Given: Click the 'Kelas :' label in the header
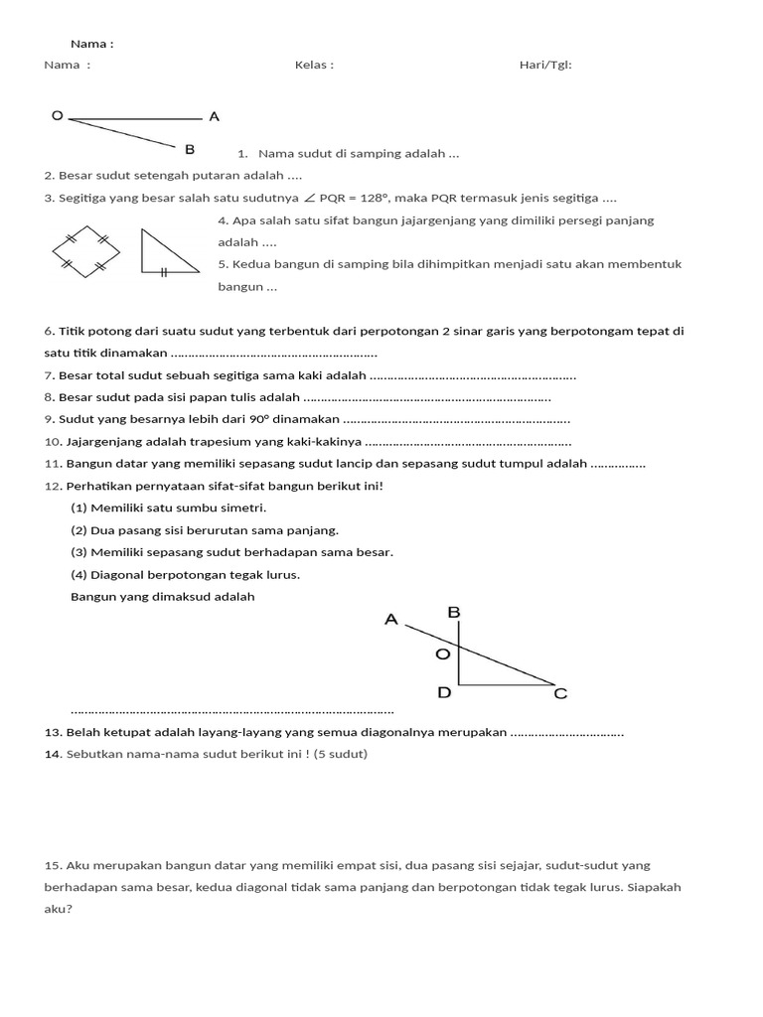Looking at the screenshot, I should (314, 66).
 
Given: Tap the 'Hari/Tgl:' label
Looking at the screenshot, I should (545, 66).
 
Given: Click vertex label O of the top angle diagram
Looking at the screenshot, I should (57, 116).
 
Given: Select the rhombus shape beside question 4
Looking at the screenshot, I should (86, 250).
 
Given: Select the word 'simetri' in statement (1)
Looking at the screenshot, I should (245, 508).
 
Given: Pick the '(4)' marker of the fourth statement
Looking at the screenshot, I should (78, 575).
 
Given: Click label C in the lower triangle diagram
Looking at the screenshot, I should (560, 694).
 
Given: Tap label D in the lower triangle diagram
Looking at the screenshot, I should (444, 692).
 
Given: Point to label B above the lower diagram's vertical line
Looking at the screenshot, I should (454, 614).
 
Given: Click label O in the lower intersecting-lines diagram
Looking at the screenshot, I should (444, 654).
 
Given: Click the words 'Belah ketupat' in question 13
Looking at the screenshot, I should (103, 732).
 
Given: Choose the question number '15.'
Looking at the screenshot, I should (54, 865).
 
